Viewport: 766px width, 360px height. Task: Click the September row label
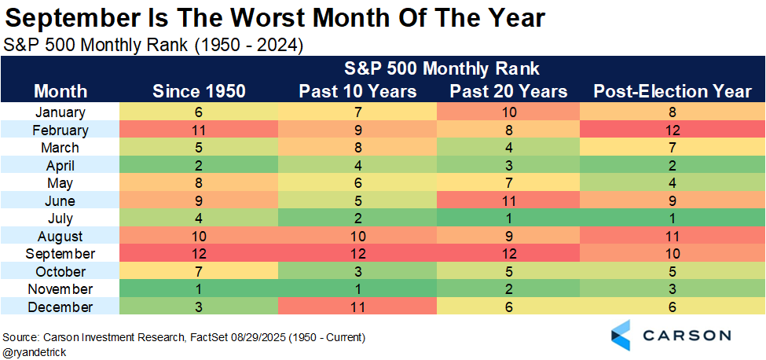pyautogui.click(x=60, y=254)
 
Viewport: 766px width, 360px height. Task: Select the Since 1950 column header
pyautogui.click(x=199, y=91)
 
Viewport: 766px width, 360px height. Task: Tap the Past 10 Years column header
pyautogui.click(x=357, y=91)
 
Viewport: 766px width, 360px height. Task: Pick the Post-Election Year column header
pyautogui.click(x=673, y=91)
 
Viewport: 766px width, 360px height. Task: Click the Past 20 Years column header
pyautogui.click(x=508, y=91)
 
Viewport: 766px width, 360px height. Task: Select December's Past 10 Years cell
pyautogui.click(x=357, y=307)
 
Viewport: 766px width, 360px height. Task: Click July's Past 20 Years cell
pyautogui.click(x=508, y=219)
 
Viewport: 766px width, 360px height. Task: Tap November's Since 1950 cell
pyautogui.click(x=199, y=289)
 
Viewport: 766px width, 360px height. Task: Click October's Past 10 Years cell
pyautogui.click(x=357, y=271)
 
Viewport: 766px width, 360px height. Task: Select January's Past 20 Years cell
pyautogui.click(x=508, y=112)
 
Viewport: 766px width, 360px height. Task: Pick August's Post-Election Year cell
pyautogui.click(x=673, y=236)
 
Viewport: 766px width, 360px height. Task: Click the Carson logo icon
pyautogui.click(x=622, y=334)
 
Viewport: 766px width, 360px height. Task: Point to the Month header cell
pyautogui.click(x=60, y=91)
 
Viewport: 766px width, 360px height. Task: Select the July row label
pyautogui.click(x=60, y=219)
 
